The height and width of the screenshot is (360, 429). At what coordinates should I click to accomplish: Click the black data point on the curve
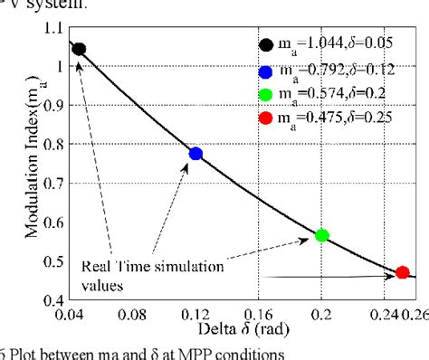[x=79, y=49]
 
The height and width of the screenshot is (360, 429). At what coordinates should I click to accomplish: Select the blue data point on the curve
[x=195, y=154]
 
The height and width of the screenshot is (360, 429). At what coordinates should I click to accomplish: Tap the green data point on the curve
[x=320, y=235]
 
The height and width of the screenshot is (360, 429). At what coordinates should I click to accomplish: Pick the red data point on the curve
[x=402, y=272]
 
